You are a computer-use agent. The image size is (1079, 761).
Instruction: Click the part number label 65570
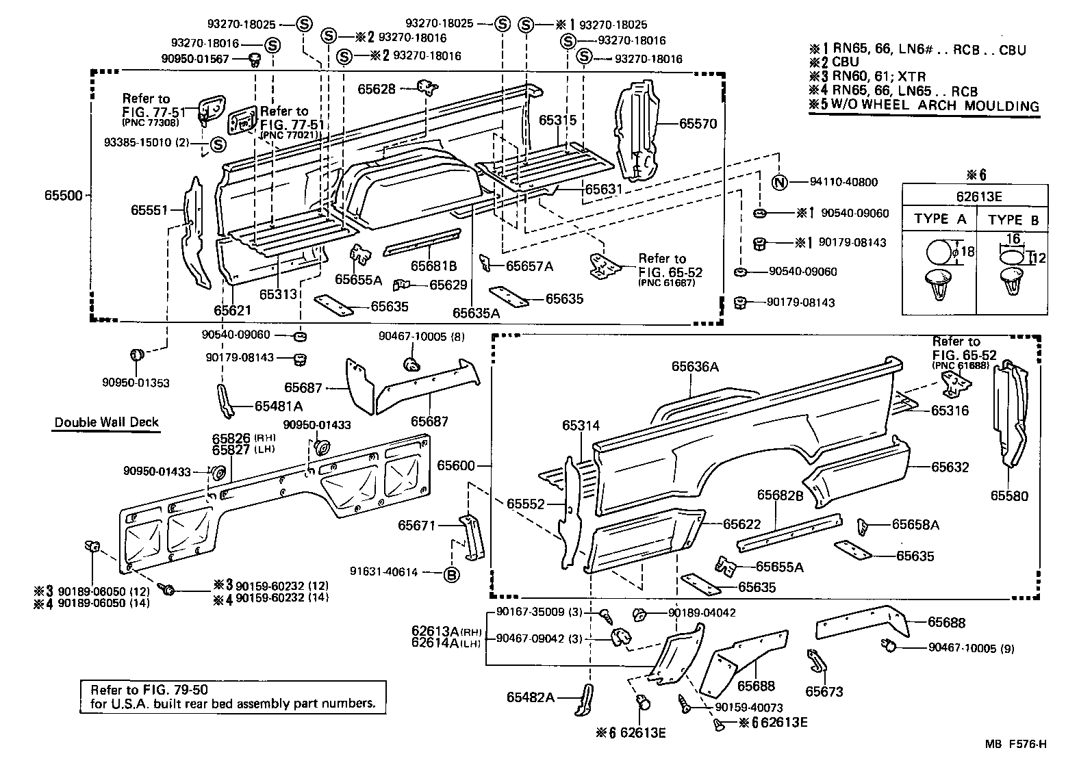coord(698,124)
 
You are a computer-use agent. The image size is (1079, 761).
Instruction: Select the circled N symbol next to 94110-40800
coord(779,182)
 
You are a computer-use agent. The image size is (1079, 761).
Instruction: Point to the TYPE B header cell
coord(1014,219)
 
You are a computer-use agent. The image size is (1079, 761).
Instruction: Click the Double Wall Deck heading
coord(107,422)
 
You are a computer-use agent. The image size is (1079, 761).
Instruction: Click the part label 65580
coord(1009,495)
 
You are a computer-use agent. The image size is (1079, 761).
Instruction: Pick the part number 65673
coord(824,691)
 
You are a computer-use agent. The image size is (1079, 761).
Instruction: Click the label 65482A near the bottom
coord(531,697)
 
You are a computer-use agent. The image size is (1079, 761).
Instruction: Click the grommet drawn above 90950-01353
coord(137,354)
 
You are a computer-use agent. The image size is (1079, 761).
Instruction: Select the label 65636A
coord(695,367)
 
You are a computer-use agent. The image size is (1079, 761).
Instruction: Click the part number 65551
coord(149,210)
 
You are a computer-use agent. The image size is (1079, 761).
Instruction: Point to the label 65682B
coord(780,495)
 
